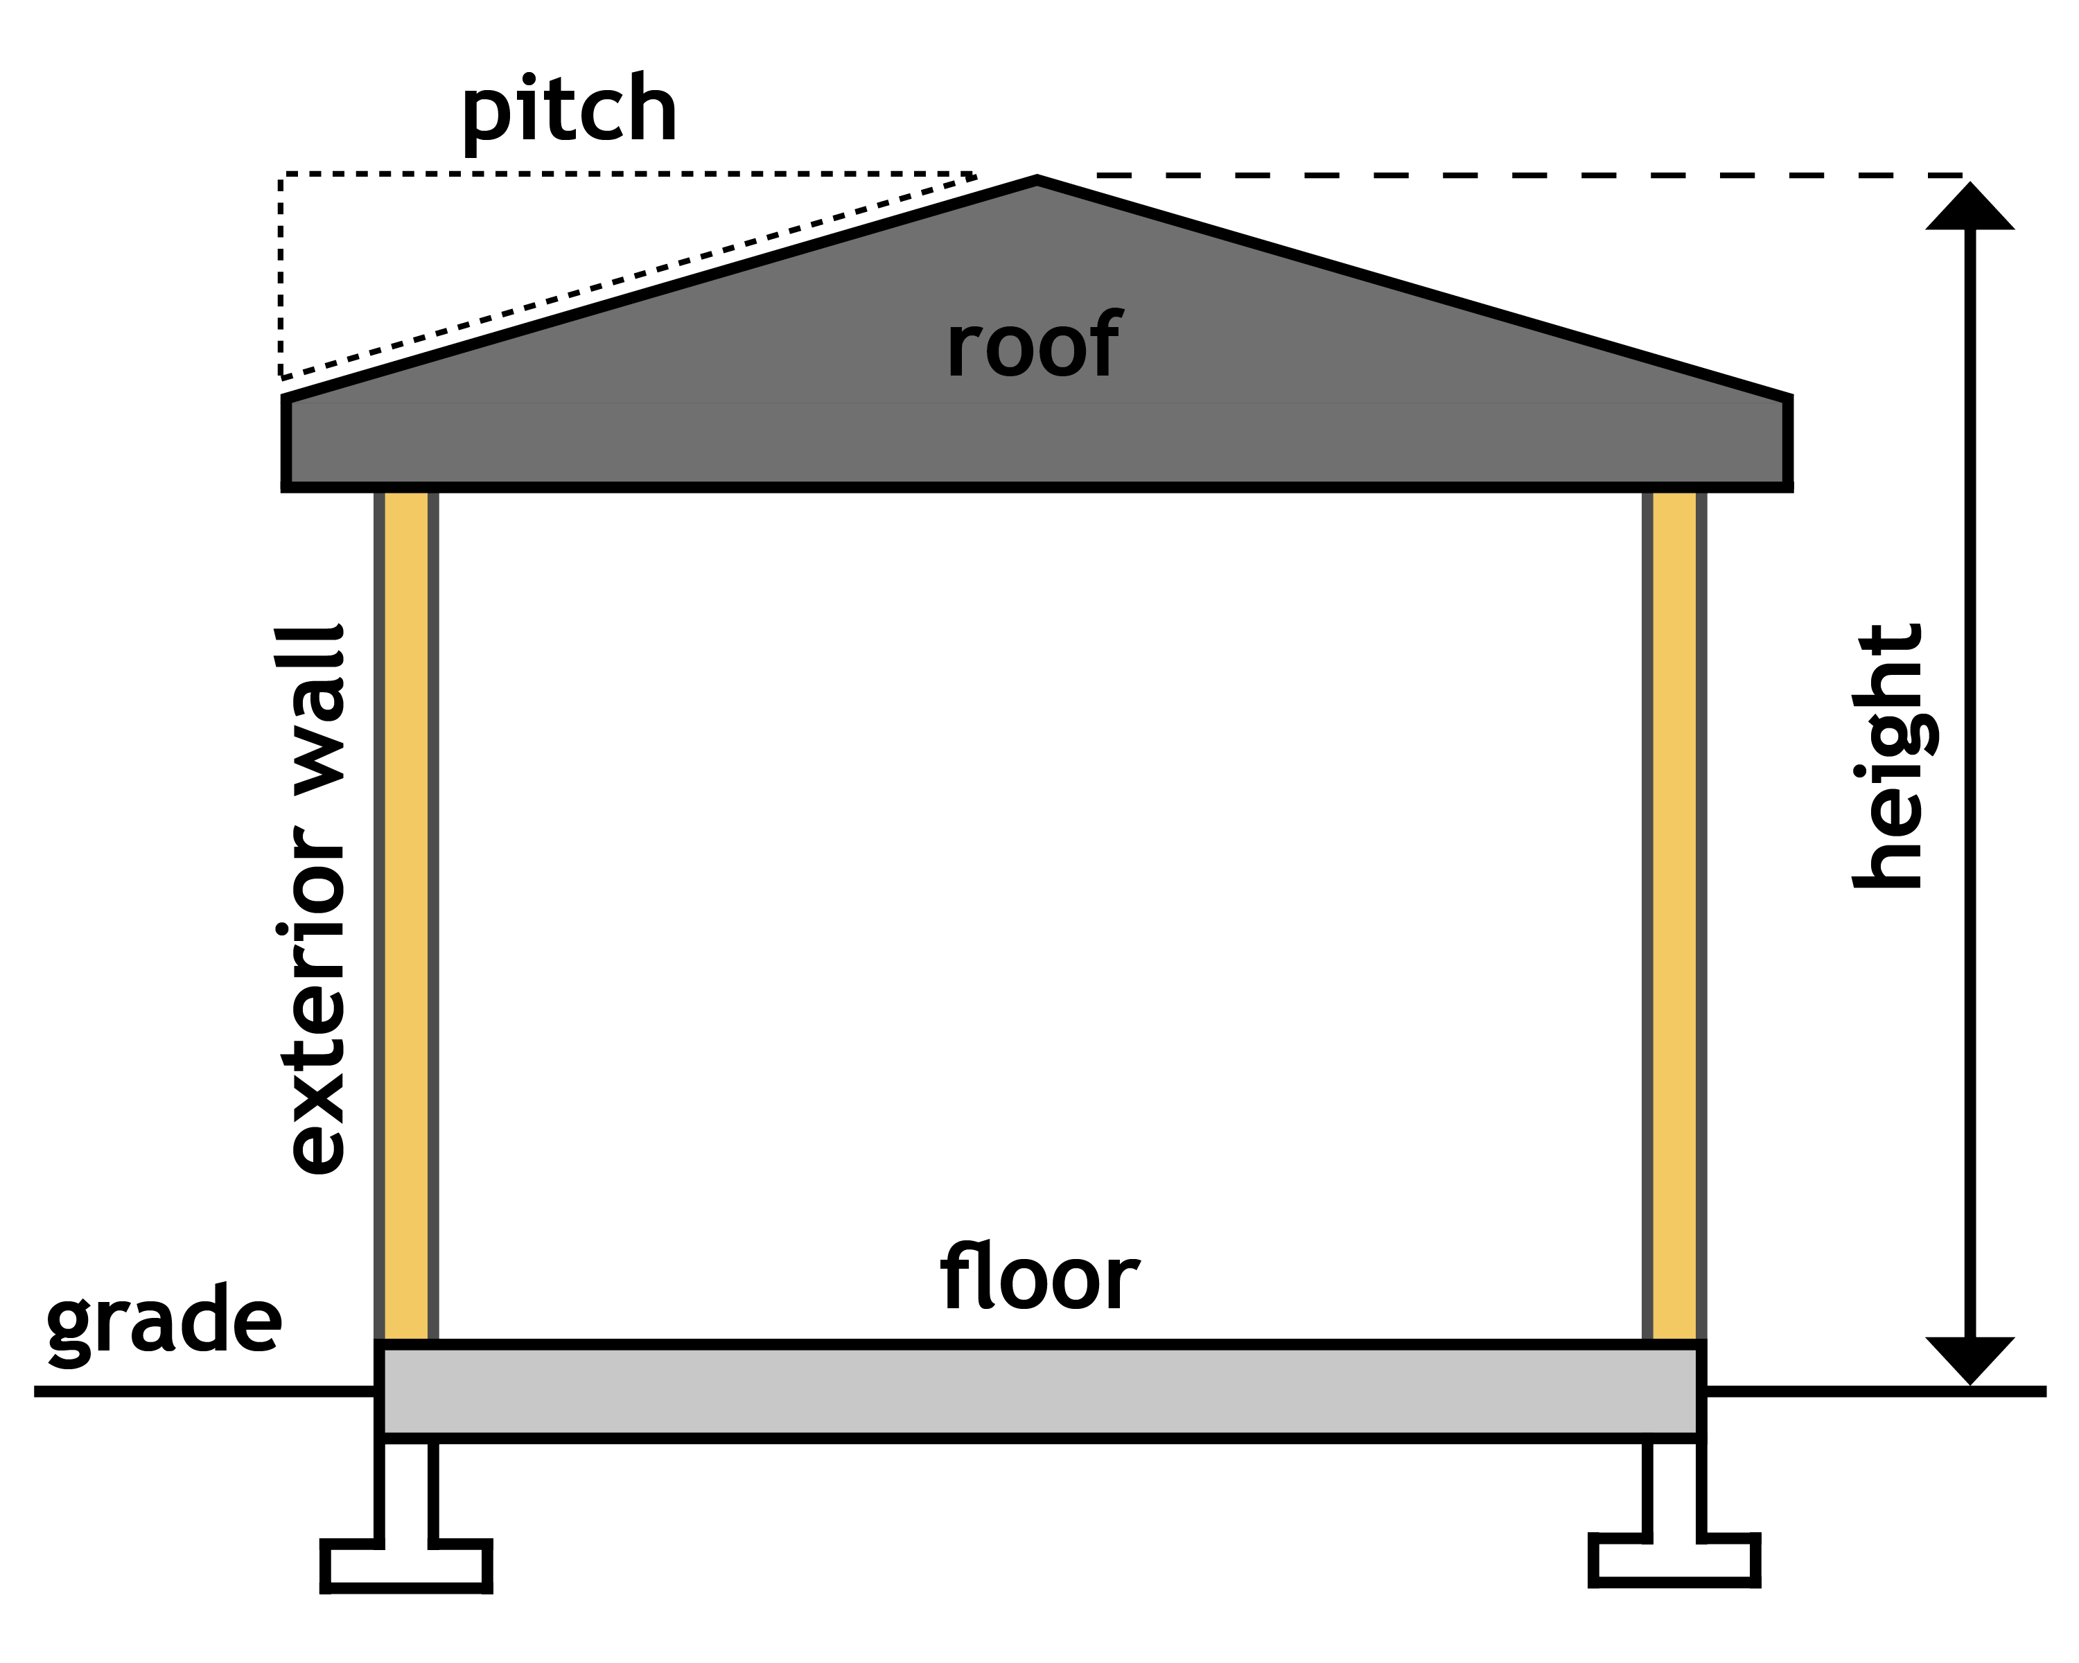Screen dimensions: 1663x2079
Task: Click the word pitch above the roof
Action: tap(569, 112)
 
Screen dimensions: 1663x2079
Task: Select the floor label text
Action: tap(1039, 1277)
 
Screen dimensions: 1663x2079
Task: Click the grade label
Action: tap(164, 1323)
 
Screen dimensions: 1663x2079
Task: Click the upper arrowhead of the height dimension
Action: tap(1970, 207)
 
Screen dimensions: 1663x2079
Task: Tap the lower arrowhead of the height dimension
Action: tap(1970, 1360)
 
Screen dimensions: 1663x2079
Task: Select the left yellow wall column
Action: tap(406, 916)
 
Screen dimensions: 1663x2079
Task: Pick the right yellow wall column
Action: tap(1674, 916)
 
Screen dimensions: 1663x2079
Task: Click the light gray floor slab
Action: tap(1039, 1391)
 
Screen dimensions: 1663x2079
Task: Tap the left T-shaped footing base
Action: tap(406, 1567)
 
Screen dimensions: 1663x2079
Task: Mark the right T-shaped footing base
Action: tap(1674, 1560)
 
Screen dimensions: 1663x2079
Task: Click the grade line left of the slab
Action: tap(202, 1391)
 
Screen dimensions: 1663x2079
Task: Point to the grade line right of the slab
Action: tap(1870, 1391)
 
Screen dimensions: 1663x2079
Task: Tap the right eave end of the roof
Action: tap(1786, 441)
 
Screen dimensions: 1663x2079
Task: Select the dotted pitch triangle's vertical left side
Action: tap(281, 275)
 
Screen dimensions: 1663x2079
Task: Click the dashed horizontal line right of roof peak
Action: tap(1524, 175)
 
